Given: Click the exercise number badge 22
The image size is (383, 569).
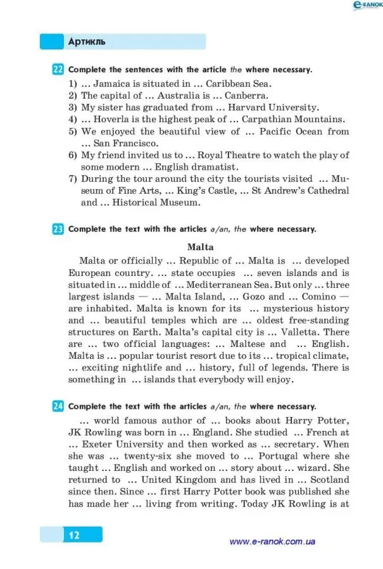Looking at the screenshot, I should point(58,69).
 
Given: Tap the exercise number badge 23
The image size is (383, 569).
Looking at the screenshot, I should point(58,229).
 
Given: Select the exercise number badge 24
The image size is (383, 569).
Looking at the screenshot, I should point(58,406).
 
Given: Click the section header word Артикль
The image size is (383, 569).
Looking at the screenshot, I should point(87,42).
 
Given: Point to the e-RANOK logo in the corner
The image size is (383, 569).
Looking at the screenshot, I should point(366,6).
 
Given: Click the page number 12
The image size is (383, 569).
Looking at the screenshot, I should point(74,535).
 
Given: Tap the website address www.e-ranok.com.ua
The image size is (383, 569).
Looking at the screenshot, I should point(272,542).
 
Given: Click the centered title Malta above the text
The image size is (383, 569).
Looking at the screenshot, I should point(200,247).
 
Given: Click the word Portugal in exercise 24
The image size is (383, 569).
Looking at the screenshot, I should point(275,456).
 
